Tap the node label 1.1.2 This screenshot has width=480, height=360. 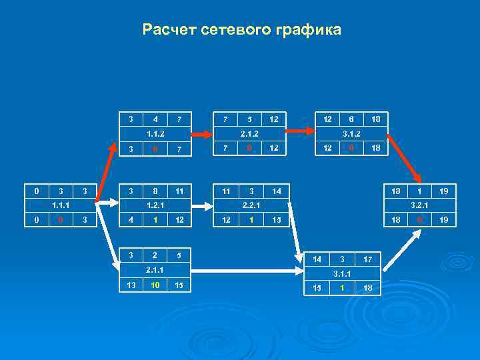[x=155, y=134]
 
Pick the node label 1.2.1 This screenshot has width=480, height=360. [x=155, y=205]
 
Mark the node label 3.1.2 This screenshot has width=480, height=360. [x=351, y=134]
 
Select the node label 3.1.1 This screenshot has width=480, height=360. [x=341, y=273]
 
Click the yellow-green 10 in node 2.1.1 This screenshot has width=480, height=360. [x=155, y=286]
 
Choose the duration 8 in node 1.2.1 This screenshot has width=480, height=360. [x=155, y=191]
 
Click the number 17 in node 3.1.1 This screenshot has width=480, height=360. [x=367, y=259]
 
